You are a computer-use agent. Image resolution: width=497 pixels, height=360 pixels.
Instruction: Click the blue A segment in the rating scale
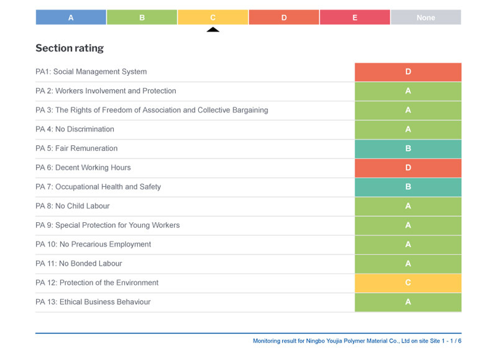coord(71,17)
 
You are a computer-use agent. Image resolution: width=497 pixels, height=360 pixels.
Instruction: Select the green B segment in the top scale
coord(142,17)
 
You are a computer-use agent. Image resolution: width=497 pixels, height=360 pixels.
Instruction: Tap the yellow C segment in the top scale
coord(212,17)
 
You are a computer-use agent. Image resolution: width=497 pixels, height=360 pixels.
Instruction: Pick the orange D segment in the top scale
coord(284,17)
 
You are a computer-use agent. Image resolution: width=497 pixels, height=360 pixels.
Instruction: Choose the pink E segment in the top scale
coord(355,17)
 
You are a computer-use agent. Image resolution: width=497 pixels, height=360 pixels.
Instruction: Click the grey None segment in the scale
coord(426,17)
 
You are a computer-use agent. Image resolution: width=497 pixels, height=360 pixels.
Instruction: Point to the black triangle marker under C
coord(212,29)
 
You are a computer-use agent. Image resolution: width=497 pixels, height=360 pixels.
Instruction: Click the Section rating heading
coord(70,48)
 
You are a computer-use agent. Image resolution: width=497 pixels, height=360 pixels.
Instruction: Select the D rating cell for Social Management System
coord(408,72)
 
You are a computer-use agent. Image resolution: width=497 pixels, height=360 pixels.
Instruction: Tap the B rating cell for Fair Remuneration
coord(408,149)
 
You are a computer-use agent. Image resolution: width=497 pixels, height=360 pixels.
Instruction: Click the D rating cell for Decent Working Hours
coord(408,168)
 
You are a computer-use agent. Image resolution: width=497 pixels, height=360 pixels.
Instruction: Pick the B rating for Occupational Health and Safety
coord(408,187)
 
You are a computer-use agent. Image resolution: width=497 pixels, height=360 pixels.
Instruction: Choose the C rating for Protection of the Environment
coord(408,283)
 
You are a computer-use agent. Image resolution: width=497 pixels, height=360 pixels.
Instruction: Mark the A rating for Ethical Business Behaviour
coord(408,302)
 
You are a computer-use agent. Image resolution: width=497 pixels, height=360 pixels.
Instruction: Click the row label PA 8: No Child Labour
coord(73,206)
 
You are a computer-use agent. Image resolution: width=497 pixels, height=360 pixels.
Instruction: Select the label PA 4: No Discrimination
coord(75,129)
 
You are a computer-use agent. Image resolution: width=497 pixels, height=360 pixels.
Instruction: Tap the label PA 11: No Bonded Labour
coord(79,264)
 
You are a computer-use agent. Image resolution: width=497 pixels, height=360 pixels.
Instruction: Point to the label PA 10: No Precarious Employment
coord(93,245)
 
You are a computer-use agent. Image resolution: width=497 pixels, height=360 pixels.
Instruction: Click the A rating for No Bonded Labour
coord(408,264)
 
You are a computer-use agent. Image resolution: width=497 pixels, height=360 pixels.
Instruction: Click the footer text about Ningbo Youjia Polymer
coord(357,341)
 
